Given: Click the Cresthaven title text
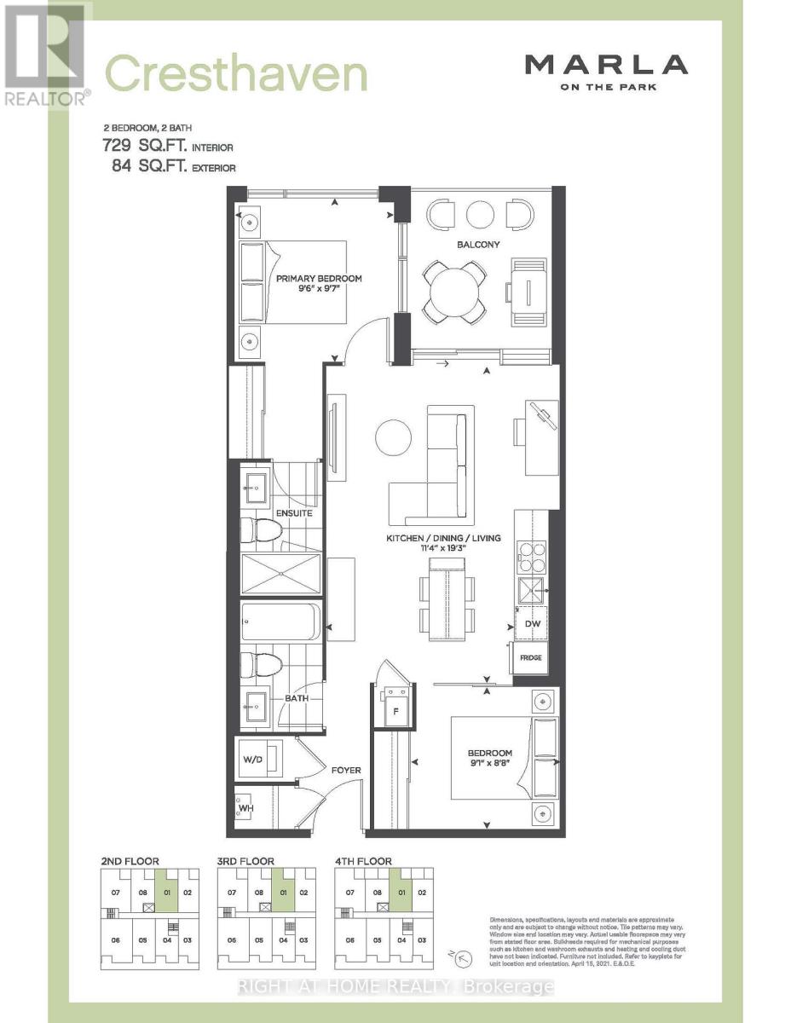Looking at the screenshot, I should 236,74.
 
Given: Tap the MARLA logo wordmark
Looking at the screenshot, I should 605,64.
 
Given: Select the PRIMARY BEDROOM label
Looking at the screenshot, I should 318,279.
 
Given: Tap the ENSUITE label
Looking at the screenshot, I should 293,513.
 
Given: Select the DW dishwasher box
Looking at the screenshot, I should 533,624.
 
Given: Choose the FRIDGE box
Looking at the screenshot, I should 532,658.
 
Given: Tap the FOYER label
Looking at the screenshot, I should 346,770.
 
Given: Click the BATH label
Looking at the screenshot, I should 296,698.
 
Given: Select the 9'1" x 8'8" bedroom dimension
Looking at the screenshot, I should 489,765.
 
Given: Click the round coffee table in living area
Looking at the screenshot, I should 393,437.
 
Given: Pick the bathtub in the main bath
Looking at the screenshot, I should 280,622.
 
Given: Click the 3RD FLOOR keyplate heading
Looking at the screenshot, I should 245,862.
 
